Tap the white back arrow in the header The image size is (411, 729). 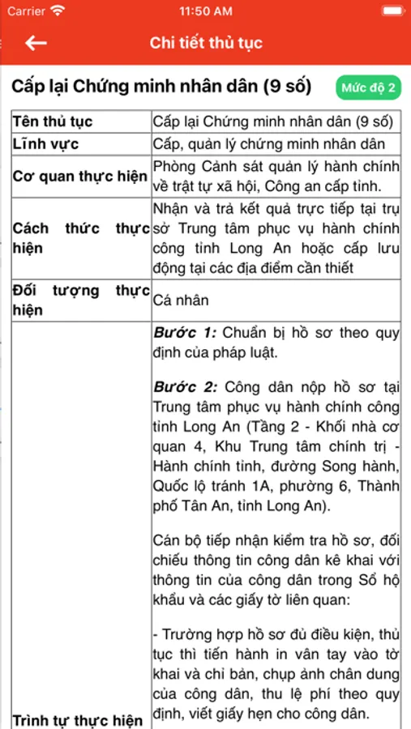point(36,44)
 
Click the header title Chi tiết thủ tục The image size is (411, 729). point(206,44)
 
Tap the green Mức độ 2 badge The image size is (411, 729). point(368,87)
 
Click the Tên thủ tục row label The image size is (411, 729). point(53,122)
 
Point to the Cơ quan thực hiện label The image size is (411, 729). point(80,176)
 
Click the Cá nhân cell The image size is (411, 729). point(182,301)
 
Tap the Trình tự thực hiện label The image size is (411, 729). point(78,720)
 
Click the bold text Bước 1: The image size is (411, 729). point(185,332)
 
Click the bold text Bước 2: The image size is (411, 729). point(185,387)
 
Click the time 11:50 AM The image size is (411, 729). point(206,11)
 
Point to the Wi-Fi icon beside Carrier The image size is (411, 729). point(58,11)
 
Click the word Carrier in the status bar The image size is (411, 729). point(26,11)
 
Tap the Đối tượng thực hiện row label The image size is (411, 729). point(80,300)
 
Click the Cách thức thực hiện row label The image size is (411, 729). point(80,238)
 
